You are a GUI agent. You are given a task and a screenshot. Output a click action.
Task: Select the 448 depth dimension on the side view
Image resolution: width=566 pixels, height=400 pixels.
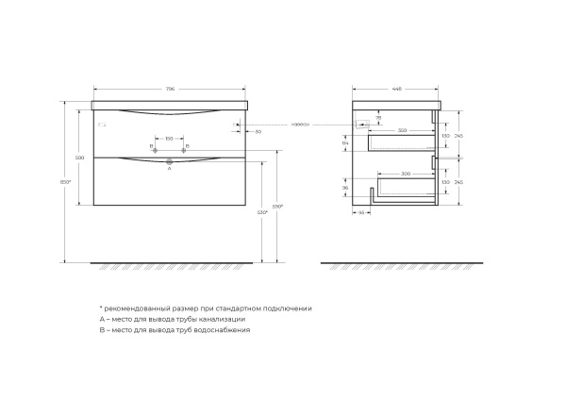tap(396, 91)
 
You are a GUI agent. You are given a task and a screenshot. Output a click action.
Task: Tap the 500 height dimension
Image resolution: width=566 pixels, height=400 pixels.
tap(81, 158)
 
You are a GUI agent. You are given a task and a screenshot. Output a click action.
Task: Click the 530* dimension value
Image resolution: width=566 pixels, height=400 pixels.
tap(263, 213)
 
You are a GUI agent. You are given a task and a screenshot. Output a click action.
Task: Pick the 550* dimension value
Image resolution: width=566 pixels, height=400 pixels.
tap(277, 205)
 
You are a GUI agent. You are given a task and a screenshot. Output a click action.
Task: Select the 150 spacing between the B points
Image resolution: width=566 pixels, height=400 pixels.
tap(169, 139)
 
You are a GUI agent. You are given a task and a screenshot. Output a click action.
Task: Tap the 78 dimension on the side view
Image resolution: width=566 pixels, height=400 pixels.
tap(377, 118)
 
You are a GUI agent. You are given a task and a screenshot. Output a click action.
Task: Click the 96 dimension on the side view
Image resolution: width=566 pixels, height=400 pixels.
tap(346, 188)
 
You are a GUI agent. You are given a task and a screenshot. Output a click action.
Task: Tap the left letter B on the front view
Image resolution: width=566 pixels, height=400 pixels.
tap(150, 146)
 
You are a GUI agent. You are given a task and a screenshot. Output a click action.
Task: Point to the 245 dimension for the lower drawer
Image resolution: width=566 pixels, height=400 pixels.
tap(458, 182)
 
